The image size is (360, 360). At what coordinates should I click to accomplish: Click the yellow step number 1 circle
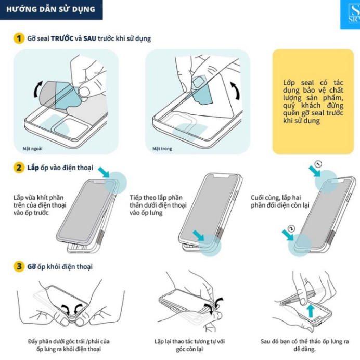[x=19, y=38]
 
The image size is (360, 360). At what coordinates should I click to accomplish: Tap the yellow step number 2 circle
[x=19, y=168]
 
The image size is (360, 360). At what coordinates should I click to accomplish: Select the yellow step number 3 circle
[x=19, y=266]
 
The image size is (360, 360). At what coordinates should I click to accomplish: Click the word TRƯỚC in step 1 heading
[x=62, y=38]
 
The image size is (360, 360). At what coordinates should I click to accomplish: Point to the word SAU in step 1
[x=90, y=38]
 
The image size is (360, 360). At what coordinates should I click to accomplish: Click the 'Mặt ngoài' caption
[x=32, y=149]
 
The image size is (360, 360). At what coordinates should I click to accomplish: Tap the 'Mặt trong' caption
[x=162, y=149]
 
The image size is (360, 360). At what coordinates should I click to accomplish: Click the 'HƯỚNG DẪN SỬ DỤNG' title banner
[x=51, y=10]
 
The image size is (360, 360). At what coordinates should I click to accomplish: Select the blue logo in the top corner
[x=350, y=15]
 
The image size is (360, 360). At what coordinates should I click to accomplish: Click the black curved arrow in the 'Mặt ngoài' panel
[x=37, y=89]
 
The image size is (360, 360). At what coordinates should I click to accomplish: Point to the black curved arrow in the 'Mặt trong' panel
[x=236, y=91]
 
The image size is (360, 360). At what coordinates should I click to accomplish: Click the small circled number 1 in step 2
[x=318, y=164]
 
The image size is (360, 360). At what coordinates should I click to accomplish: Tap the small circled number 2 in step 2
[x=291, y=228]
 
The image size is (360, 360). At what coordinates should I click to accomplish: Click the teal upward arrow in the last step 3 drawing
[x=311, y=311]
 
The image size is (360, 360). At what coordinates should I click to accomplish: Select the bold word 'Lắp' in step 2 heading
[x=33, y=168]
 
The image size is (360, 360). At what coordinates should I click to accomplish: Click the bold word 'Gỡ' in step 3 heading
[x=32, y=266]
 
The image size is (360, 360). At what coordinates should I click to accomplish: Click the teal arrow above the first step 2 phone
[x=104, y=172]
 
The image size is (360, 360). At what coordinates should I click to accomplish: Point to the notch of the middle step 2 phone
[x=222, y=176]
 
